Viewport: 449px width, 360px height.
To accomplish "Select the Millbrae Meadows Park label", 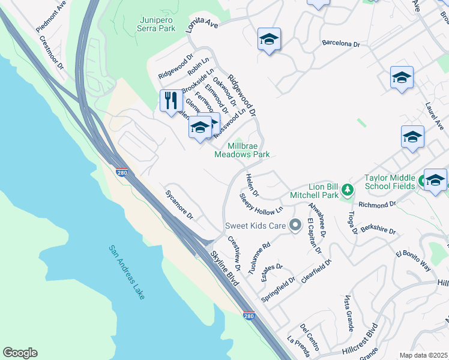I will pos(242,149).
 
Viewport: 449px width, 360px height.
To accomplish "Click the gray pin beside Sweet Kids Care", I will pos(294,226).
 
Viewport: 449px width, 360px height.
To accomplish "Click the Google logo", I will pos(20,353).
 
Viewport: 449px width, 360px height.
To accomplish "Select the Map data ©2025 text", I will pos(423,355).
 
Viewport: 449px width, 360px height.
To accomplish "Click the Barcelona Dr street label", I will pos(340,44).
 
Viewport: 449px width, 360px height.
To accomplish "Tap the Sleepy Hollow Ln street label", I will pos(261,204).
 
